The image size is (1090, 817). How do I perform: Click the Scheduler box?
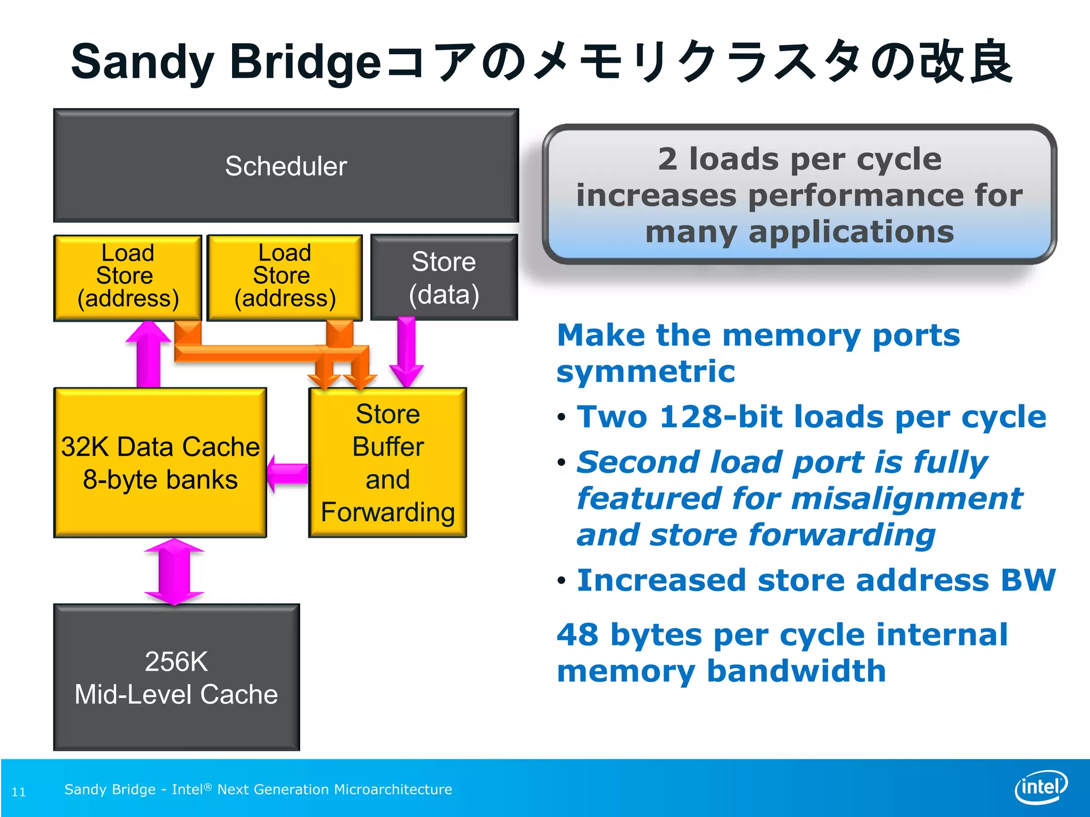click(286, 165)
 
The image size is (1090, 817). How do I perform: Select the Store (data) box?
click(444, 277)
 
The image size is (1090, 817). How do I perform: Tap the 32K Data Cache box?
click(160, 462)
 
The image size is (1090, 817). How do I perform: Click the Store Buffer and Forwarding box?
click(387, 462)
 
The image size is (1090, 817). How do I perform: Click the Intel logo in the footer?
click(1041, 787)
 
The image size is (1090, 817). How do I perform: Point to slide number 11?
click(19, 791)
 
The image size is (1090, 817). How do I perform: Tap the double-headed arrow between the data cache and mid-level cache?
click(174, 572)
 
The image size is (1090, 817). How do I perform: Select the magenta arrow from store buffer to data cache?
click(287, 473)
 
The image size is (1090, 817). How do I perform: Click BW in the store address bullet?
click(1028, 580)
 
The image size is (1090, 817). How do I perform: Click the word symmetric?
click(646, 371)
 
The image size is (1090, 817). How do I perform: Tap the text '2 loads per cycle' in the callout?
click(799, 159)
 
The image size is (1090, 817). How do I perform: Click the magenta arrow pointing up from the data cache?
click(148, 354)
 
